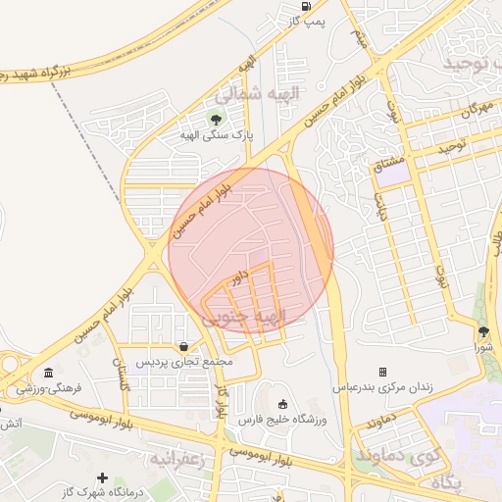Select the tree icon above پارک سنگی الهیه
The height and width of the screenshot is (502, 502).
pos(216,121)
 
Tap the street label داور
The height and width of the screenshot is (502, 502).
pos(237,281)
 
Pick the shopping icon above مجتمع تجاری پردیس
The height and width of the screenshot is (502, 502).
pos(184,346)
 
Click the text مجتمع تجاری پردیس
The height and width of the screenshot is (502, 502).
pos(184,362)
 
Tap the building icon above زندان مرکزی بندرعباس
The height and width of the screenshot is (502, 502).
pos(382,372)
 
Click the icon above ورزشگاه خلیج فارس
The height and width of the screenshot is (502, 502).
pos(283,404)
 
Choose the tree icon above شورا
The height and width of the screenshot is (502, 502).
pos(483,331)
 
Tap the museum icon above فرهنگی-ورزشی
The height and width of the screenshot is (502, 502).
pos(49,373)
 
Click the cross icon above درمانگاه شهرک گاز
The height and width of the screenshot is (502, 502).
pos(102,477)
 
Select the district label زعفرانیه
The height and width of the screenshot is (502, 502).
pos(176,458)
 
